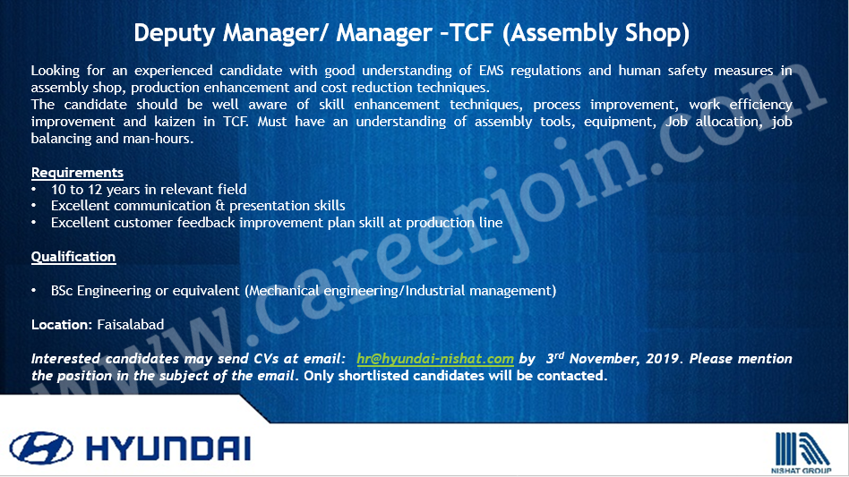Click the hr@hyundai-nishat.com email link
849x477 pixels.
point(435,359)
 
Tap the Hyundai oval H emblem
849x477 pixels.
point(41,447)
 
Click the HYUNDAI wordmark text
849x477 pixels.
point(168,448)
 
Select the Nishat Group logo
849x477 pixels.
point(802,453)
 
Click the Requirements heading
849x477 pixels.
point(77,173)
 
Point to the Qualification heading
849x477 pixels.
point(73,256)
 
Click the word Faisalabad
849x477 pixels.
point(131,325)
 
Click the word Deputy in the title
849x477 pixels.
point(175,33)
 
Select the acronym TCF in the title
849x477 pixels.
point(471,32)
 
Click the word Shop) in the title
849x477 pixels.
point(657,33)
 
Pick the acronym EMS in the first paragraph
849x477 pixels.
point(491,71)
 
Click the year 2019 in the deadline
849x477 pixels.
point(665,359)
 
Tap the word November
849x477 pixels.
point(605,359)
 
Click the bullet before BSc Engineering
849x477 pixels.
point(33,291)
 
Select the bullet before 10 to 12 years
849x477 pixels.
point(33,190)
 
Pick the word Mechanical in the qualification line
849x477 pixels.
point(284,291)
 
